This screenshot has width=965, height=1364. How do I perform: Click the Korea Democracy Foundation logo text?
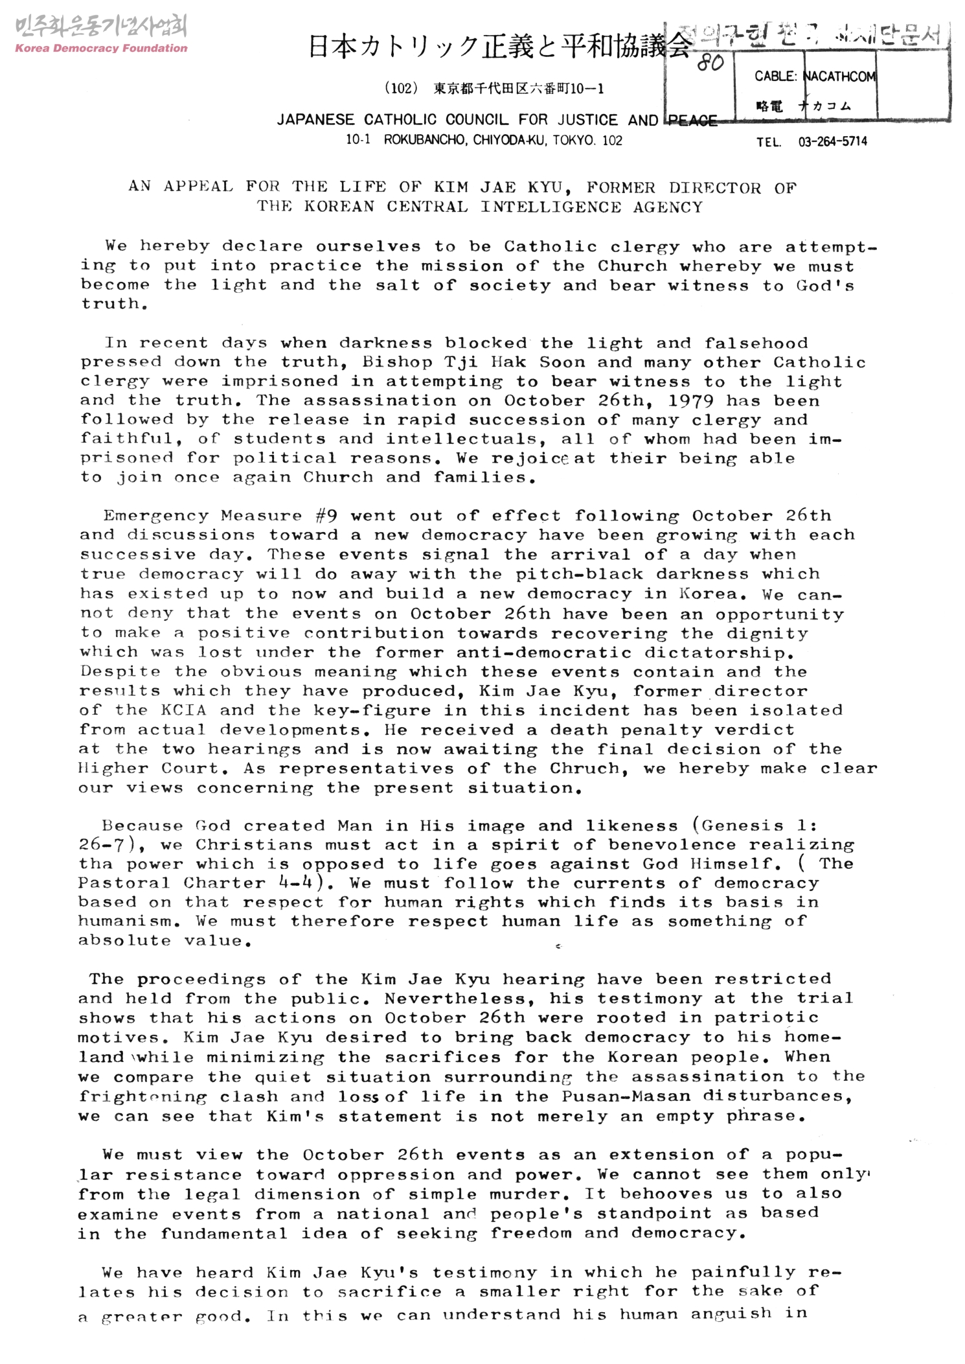[101, 48]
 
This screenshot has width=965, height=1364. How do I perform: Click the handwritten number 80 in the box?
[710, 64]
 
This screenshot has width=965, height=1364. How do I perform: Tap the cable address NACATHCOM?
[839, 76]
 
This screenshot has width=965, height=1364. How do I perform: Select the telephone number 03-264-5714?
[832, 142]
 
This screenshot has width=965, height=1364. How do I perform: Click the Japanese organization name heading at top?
[499, 47]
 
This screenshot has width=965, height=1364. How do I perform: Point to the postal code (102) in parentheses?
[399, 89]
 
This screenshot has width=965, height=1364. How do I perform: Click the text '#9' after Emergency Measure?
[326, 516]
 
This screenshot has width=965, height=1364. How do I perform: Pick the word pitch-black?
[579, 574]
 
